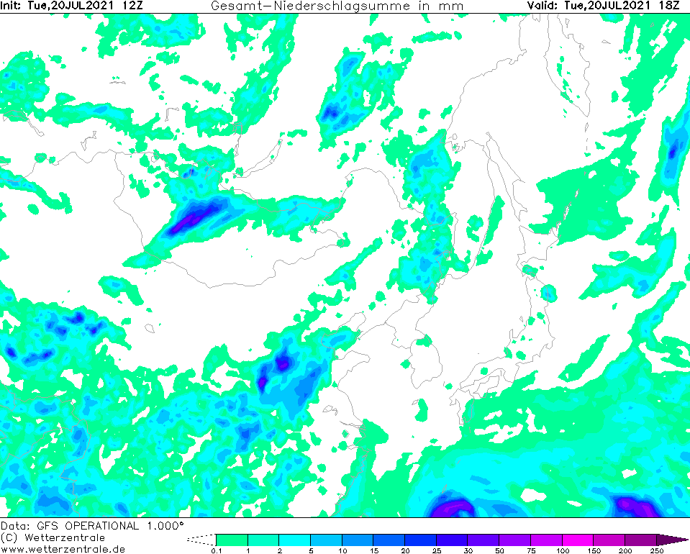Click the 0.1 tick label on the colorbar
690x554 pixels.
click(x=216, y=551)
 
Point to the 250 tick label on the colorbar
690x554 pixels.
click(x=656, y=551)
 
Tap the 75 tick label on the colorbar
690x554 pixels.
click(x=530, y=551)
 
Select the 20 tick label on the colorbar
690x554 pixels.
click(x=404, y=551)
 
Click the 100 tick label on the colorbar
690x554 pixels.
click(x=562, y=551)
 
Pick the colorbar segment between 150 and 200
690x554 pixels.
click(x=609, y=540)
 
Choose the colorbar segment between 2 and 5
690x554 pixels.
click(x=294, y=540)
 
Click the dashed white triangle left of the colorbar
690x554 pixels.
click(x=205, y=539)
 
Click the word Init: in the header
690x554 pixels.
click(x=12, y=6)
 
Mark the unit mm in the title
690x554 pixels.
click(x=453, y=6)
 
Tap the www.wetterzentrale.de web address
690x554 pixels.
click(x=63, y=549)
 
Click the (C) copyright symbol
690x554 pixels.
click(x=9, y=537)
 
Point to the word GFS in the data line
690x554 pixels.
click(x=42, y=525)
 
